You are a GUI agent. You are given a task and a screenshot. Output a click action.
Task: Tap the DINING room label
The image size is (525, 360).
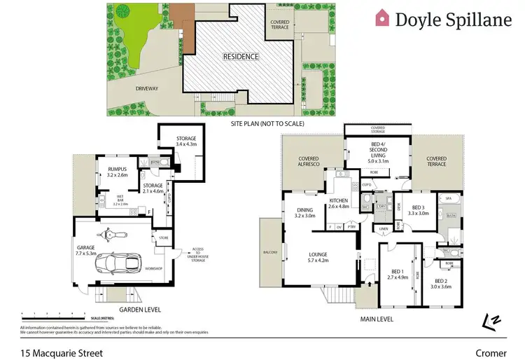point(304,212)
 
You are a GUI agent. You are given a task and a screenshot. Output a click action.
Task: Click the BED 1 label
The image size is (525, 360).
point(398,275)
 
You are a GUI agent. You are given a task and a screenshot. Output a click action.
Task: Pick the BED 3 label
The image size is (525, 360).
point(419,210)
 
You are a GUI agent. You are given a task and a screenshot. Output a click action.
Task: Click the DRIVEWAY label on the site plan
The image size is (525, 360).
point(148,89)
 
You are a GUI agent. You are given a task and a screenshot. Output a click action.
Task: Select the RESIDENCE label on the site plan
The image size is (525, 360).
point(241,57)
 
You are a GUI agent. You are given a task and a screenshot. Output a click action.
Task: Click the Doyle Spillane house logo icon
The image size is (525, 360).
point(382,19)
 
